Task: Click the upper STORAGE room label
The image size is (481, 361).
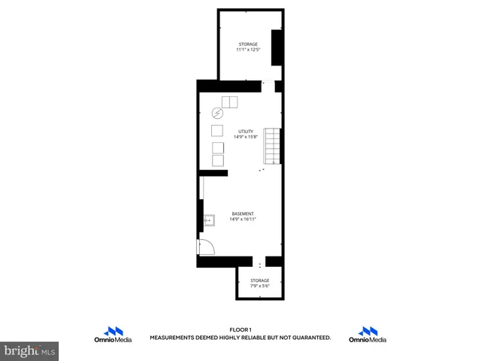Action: coord(248,44)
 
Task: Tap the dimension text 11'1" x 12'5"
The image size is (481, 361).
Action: coord(248,50)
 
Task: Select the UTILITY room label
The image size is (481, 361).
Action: coord(247,131)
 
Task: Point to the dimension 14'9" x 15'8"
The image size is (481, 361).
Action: coord(247,137)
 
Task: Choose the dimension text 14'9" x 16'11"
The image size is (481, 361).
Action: coord(243,219)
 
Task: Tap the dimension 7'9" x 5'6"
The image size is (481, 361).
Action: coord(259,286)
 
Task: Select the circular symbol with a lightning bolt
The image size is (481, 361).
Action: coord(217,114)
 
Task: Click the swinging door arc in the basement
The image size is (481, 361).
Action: coord(207,247)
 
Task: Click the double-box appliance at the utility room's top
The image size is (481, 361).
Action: coord(229,102)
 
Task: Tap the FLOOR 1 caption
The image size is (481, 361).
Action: coord(240,330)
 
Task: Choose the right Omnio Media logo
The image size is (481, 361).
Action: coord(368,335)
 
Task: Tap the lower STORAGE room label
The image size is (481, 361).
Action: coord(259,280)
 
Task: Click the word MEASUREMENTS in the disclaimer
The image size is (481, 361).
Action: coord(174,338)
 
